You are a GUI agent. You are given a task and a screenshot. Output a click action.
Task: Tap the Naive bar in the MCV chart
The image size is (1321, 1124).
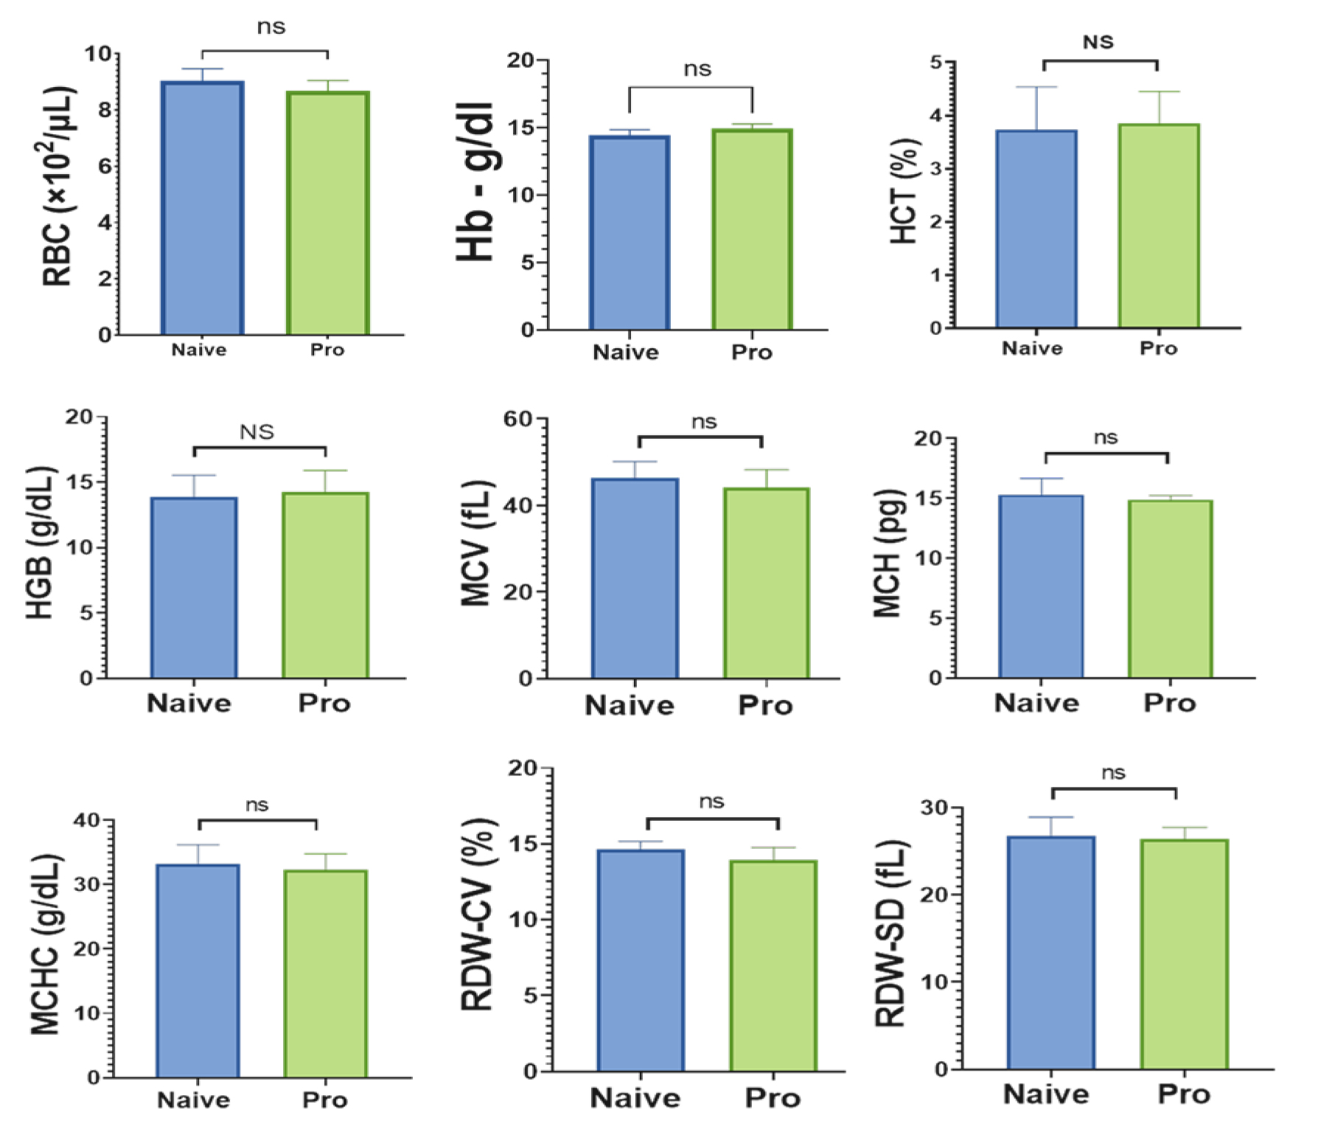pos(635,578)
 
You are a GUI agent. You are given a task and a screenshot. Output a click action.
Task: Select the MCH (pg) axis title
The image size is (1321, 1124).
pos(888,553)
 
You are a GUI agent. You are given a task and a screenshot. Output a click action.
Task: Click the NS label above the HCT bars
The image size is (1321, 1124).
pos(1098,42)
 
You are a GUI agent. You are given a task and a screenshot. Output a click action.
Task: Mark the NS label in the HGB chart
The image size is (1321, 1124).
pos(257,431)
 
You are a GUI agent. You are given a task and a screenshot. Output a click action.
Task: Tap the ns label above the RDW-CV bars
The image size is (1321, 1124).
pos(711,802)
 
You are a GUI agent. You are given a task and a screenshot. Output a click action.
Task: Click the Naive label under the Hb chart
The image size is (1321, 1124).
pos(626,353)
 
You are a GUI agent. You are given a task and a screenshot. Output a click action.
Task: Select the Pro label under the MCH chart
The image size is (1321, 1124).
pos(1168,703)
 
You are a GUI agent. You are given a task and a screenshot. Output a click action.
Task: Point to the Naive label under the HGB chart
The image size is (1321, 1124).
pos(189,703)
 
